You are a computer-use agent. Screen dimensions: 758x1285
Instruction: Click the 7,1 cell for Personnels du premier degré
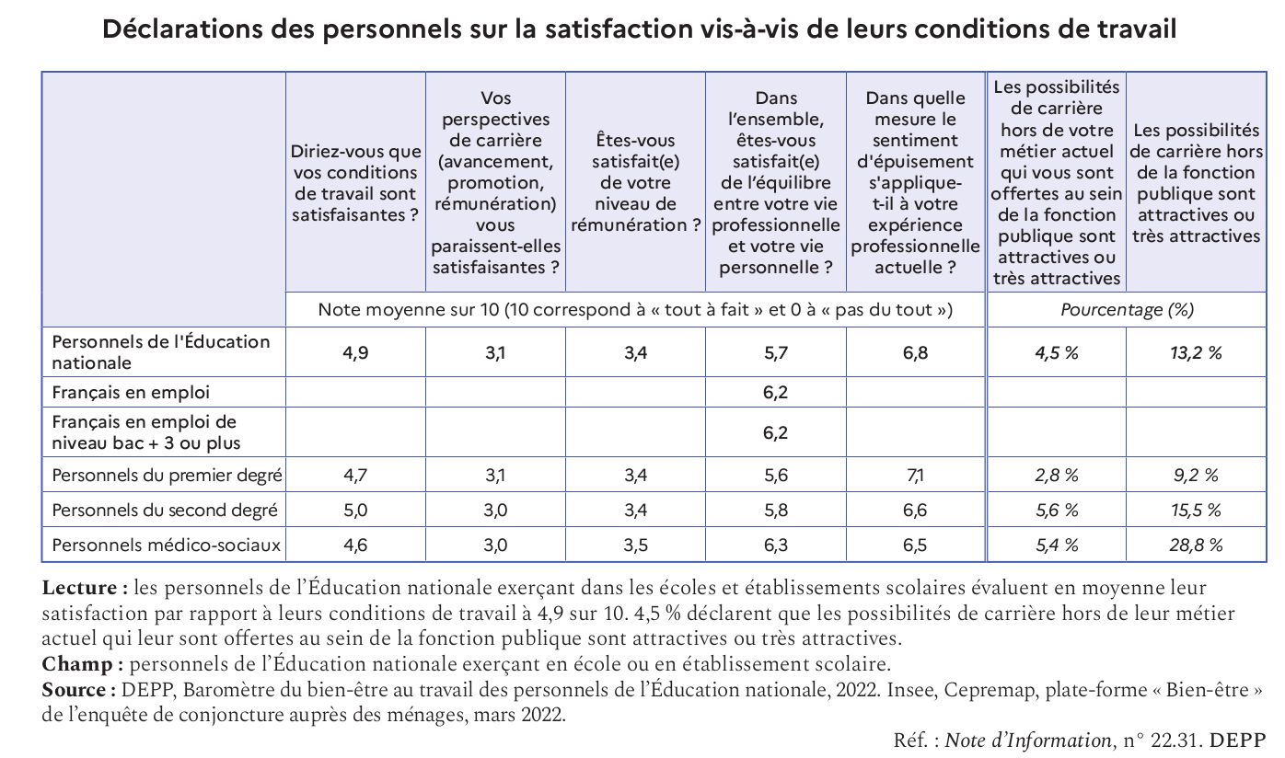915,476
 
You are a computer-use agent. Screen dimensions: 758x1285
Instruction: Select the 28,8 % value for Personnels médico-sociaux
1196,546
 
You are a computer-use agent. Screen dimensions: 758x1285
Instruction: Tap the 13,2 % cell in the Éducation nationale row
1196,353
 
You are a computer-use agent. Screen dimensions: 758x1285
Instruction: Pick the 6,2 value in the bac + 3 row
775,432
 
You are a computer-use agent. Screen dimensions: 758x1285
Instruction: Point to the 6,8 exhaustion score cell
915,353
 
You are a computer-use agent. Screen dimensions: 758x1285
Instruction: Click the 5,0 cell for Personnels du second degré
354,511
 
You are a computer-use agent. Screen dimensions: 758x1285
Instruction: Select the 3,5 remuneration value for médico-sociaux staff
635,546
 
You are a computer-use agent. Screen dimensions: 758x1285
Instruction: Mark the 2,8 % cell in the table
1056,476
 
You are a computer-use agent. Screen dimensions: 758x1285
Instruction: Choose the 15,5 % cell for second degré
1196,511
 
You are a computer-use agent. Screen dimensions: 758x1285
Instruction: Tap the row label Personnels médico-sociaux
166,546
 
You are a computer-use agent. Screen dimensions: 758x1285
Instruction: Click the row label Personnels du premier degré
167,476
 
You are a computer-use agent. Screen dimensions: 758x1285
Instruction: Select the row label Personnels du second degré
165,511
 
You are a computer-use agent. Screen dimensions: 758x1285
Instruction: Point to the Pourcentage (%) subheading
1126,310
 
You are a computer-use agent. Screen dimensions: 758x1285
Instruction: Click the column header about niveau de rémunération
635,182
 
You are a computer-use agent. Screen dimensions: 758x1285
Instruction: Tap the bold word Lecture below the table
79,588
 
